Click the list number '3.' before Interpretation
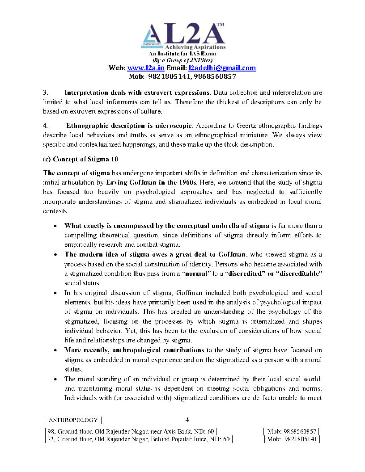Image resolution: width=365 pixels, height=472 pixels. (46, 93)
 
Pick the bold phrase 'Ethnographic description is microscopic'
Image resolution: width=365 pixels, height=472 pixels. (129, 126)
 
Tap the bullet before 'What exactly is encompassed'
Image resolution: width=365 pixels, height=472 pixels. (55, 226)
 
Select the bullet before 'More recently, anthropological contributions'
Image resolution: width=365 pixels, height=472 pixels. (55, 350)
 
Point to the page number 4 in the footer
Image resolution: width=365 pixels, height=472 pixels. (187, 420)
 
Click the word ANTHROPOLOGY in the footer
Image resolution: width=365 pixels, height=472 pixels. (73, 420)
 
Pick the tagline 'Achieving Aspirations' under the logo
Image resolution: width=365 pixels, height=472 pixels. (195, 47)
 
